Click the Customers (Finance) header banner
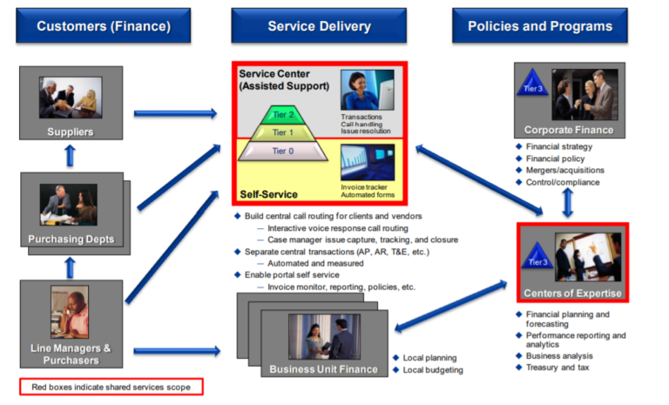coord(103,26)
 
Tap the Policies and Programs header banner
coord(539,26)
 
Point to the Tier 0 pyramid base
coord(278,152)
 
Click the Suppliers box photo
coord(71,96)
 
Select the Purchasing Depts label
coord(71,240)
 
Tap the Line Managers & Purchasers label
coord(71,354)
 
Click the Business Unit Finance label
coord(324,369)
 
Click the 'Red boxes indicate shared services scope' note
coord(111,386)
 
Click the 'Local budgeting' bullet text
coord(433,370)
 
